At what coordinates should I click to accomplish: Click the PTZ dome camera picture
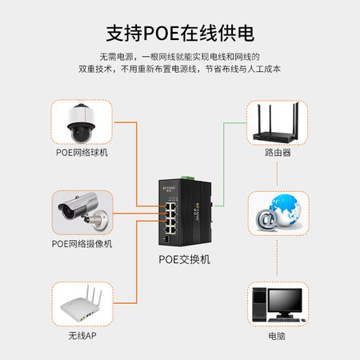coord(81,122)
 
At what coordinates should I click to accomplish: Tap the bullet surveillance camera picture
coord(83,211)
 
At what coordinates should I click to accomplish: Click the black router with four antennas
coord(276,123)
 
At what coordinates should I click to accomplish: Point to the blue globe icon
coord(285,210)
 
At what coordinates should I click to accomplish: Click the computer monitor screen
coord(285,300)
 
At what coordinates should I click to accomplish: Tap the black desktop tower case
coord(259,304)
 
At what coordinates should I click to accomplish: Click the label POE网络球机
coord(82,153)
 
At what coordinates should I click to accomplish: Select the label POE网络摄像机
coord(82,244)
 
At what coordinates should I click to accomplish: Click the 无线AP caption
coord(82,336)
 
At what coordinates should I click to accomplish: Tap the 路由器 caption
coord(278,153)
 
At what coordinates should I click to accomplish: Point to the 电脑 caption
coord(277,336)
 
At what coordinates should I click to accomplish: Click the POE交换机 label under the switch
coord(185,259)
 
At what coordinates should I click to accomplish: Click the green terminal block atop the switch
coord(188,178)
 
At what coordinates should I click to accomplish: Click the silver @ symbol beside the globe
coord(266,220)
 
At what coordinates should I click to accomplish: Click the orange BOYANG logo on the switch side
coord(198,212)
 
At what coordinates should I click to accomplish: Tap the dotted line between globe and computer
coord(278,258)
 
